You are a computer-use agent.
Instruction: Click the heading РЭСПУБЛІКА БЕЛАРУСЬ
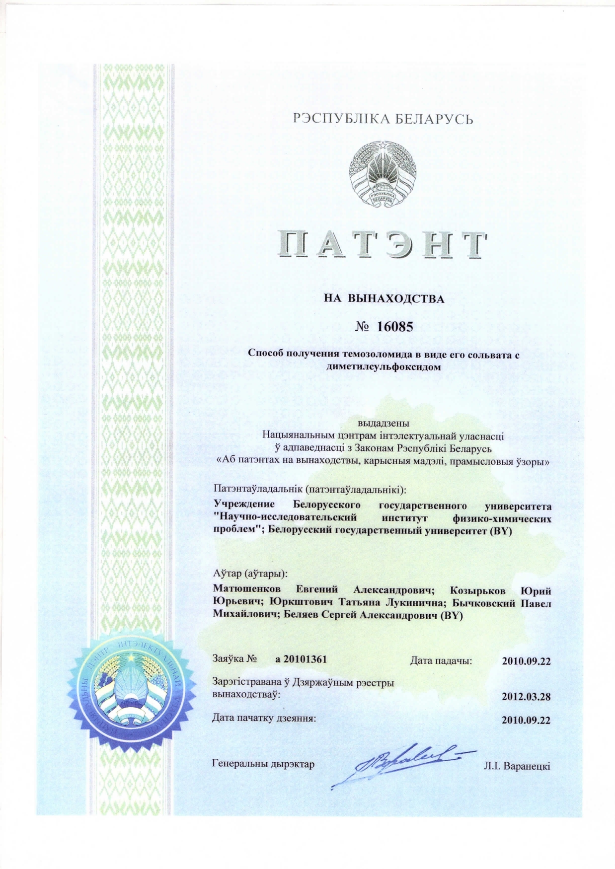(384, 119)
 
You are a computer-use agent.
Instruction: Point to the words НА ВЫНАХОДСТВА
(384, 299)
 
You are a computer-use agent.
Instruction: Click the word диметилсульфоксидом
(384, 367)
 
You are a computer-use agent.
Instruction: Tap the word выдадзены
(384, 424)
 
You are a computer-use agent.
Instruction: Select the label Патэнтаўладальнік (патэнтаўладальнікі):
(309, 489)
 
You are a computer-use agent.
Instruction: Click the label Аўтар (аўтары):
(250, 574)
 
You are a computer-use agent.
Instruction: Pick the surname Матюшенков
(247, 590)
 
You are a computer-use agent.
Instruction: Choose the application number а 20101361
(301, 659)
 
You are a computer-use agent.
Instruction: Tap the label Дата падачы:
(441, 660)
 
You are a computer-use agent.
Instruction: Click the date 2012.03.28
(526, 696)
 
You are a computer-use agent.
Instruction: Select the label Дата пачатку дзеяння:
(264, 718)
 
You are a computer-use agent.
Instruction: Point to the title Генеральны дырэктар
(263, 764)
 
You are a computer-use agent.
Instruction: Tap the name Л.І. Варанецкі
(517, 766)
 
